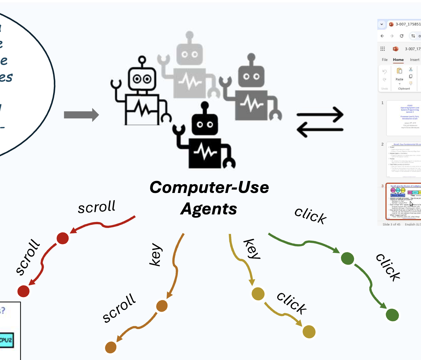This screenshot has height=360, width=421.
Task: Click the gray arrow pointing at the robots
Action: pos(81,115)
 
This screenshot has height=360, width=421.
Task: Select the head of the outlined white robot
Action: pos(142,78)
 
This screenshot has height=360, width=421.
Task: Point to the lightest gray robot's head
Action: pos(189,54)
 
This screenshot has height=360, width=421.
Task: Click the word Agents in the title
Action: pos(209,209)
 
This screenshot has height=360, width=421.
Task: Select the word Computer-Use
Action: pos(209,187)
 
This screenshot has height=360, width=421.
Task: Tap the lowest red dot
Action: pos(23,291)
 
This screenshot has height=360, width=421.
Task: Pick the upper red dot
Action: pos(63,238)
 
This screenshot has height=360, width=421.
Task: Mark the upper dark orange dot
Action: pos(162,306)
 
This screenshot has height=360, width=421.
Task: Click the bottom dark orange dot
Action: pos(111,347)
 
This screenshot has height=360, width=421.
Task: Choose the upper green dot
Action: pos(347,258)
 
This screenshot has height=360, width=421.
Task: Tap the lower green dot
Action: pos(392,315)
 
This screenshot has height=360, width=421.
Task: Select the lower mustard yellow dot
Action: pos(309,332)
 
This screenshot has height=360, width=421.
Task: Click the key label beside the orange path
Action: pos(156,255)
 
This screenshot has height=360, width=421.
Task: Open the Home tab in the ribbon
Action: pos(398,60)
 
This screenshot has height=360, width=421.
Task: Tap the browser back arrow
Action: pos(382,36)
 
